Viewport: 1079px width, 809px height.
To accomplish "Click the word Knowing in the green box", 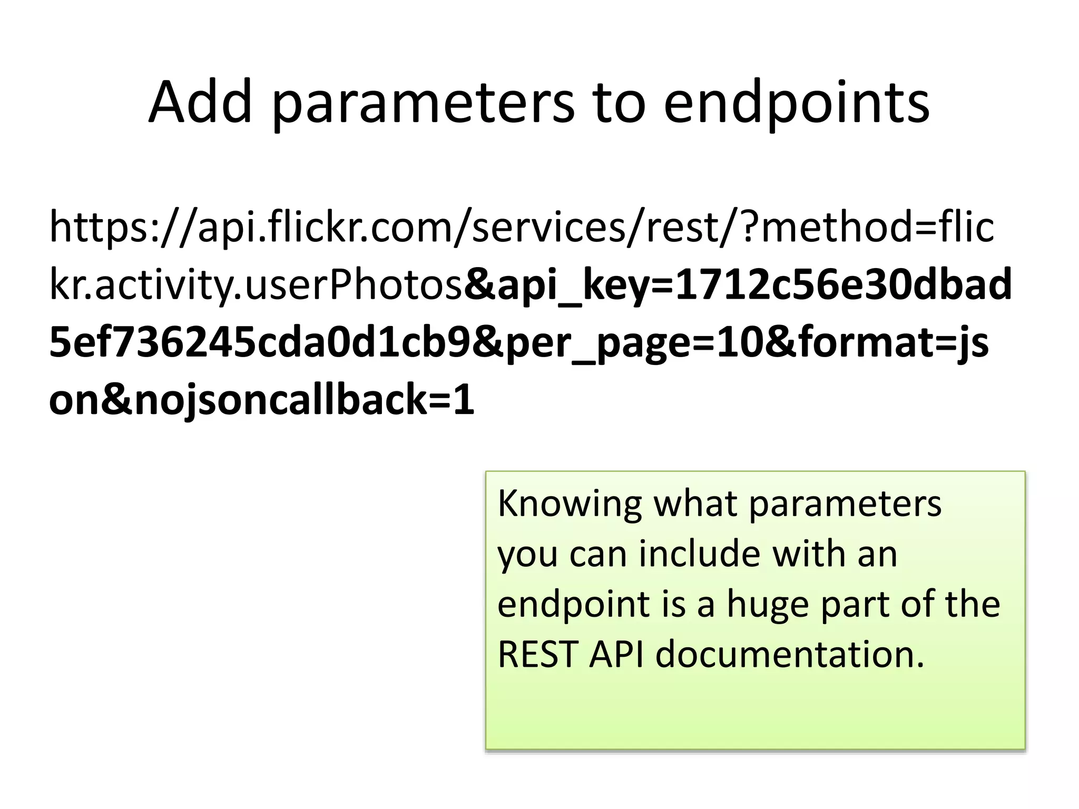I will click(x=569, y=505).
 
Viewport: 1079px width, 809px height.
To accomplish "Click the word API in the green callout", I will click(x=616, y=654).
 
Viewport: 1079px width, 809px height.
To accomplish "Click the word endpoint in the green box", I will click(x=573, y=605).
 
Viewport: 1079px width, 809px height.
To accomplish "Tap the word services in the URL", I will click(x=548, y=226).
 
